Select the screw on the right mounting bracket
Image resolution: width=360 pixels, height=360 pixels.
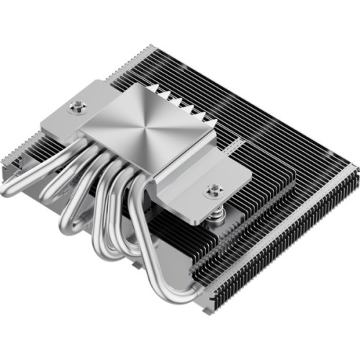click(212, 191)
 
